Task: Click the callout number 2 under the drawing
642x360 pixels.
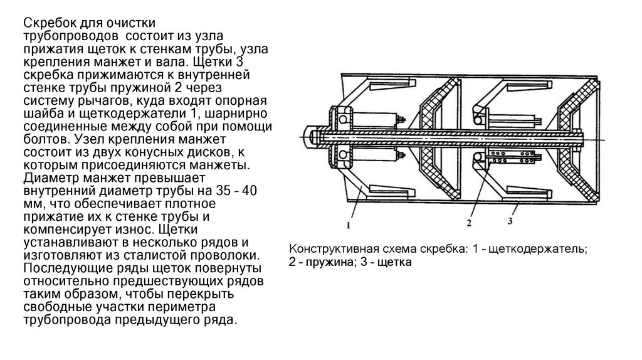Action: tap(468, 220)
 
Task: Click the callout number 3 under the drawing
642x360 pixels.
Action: tap(510, 220)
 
